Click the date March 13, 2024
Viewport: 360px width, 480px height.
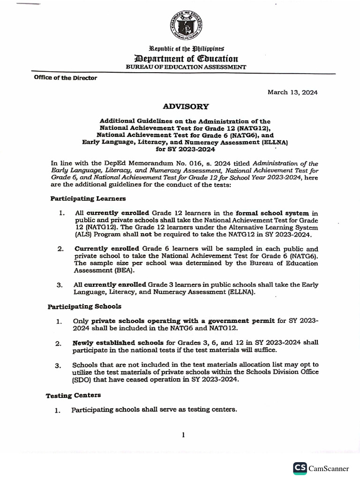(292, 92)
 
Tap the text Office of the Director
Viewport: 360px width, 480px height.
(66, 78)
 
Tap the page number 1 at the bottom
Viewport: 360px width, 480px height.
(183, 435)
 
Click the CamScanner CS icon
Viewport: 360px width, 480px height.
(300, 468)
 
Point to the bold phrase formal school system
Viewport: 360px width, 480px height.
(272, 213)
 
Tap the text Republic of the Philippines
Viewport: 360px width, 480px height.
(187, 49)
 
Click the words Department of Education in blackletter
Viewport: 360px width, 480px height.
(186, 59)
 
